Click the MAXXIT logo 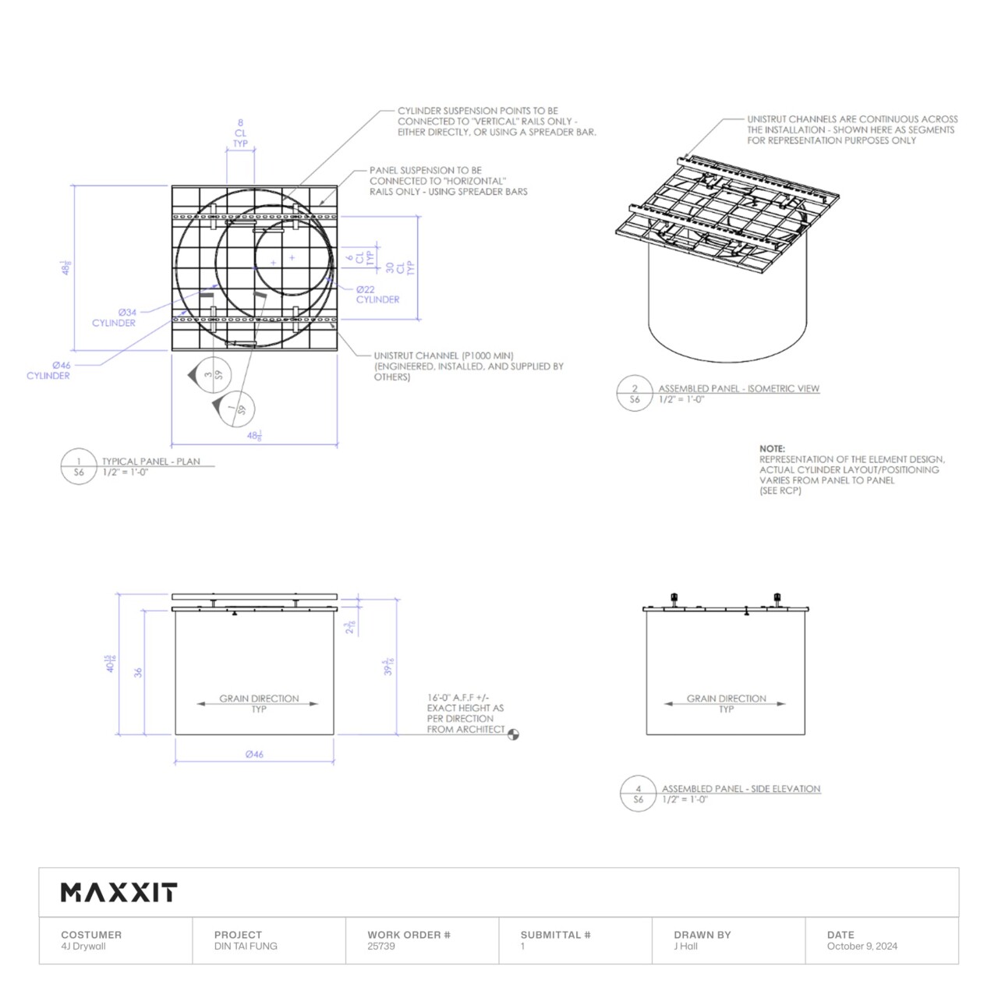point(119,893)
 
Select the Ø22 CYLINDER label point(377,295)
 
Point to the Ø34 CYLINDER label point(114,317)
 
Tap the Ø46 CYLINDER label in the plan point(48,370)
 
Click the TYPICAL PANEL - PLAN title point(150,462)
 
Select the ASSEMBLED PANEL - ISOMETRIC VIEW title point(738,388)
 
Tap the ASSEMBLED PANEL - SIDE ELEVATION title point(741,789)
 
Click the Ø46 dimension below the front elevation point(254,754)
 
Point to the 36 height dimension point(138,672)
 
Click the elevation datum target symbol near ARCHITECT point(513,734)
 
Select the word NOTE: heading point(772,449)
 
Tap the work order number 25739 point(381,947)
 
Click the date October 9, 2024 point(862,947)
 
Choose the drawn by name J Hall point(685,947)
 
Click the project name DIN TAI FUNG point(246,947)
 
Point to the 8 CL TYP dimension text point(240,133)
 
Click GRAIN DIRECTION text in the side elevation point(726,699)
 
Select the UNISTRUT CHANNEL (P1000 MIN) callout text point(444,356)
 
